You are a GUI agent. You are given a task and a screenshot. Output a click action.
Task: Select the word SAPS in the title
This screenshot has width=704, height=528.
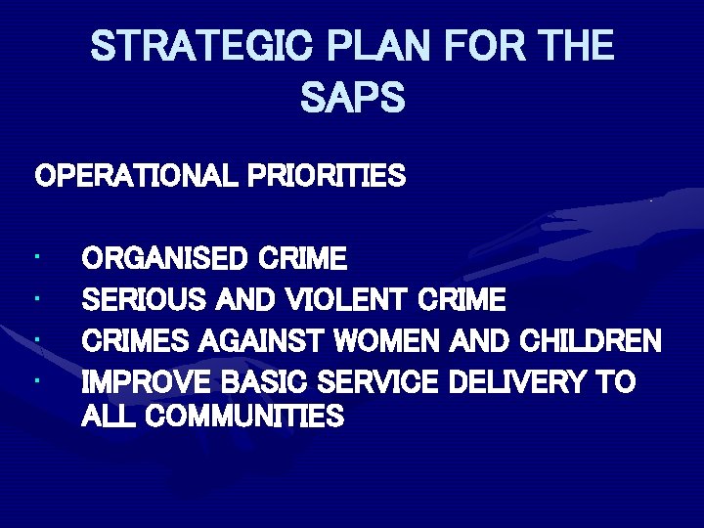(x=352, y=97)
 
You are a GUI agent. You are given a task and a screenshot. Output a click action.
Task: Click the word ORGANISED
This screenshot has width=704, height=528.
(x=165, y=259)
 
